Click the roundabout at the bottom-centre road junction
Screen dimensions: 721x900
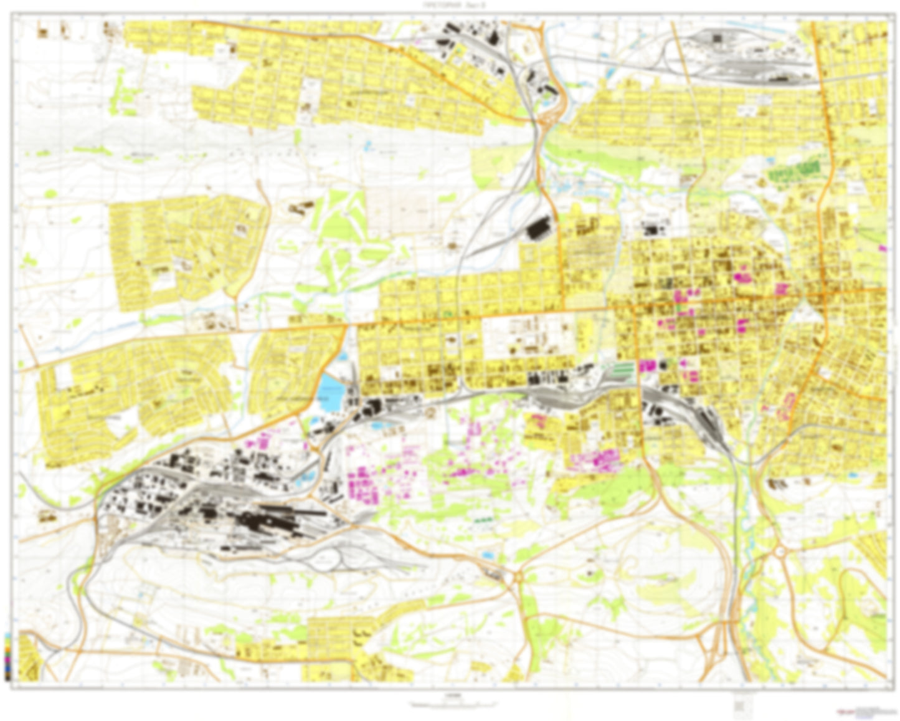pos(517,577)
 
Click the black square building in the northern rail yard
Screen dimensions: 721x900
pos(718,39)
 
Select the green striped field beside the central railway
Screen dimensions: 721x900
pos(621,368)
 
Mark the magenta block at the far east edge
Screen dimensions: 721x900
pos(881,248)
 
